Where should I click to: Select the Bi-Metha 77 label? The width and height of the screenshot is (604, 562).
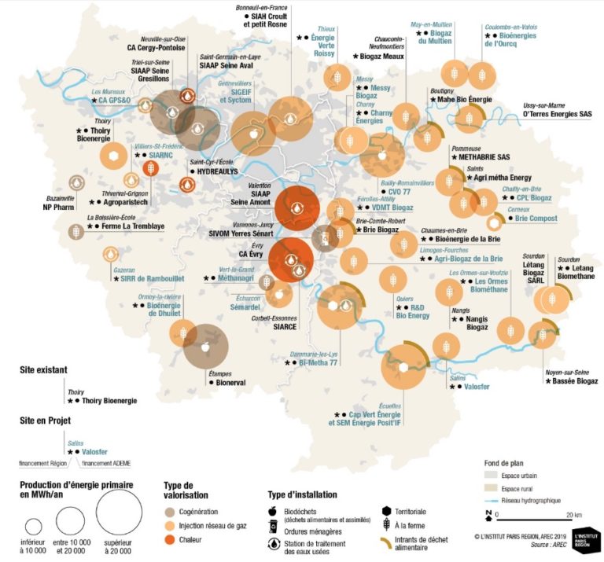(x=319, y=363)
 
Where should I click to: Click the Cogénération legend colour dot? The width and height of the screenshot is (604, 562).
(x=170, y=511)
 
